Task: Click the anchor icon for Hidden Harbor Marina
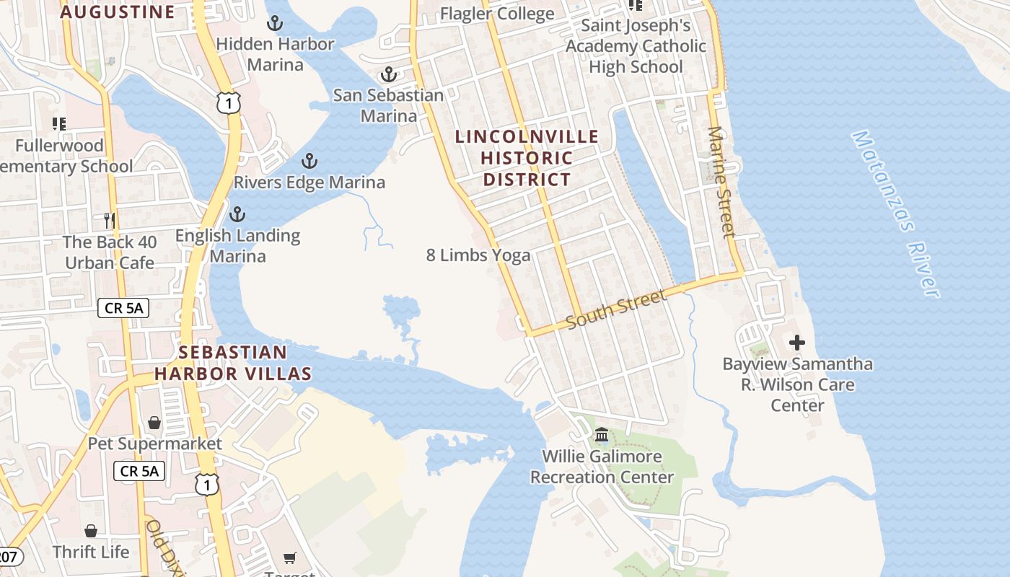tap(274, 24)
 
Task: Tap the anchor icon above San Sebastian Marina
tap(389, 74)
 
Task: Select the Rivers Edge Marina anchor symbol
tap(309, 161)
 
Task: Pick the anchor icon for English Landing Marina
tap(237, 214)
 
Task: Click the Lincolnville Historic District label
tap(527, 157)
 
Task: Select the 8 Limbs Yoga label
tap(478, 255)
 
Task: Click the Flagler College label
tap(497, 14)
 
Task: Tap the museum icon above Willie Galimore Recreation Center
tap(602, 435)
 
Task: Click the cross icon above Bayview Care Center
tap(797, 343)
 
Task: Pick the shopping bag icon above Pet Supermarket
tap(154, 422)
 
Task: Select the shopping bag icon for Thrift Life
tap(91, 531)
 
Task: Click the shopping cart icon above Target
tap(289, 557)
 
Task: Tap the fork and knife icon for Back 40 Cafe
tap(110, 220)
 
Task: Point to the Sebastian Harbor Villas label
tap(232, 363)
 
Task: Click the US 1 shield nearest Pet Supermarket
tap(207, 484)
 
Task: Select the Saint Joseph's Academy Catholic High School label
tap(636, 46)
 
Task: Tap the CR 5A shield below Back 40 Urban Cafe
tap(123, 309)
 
